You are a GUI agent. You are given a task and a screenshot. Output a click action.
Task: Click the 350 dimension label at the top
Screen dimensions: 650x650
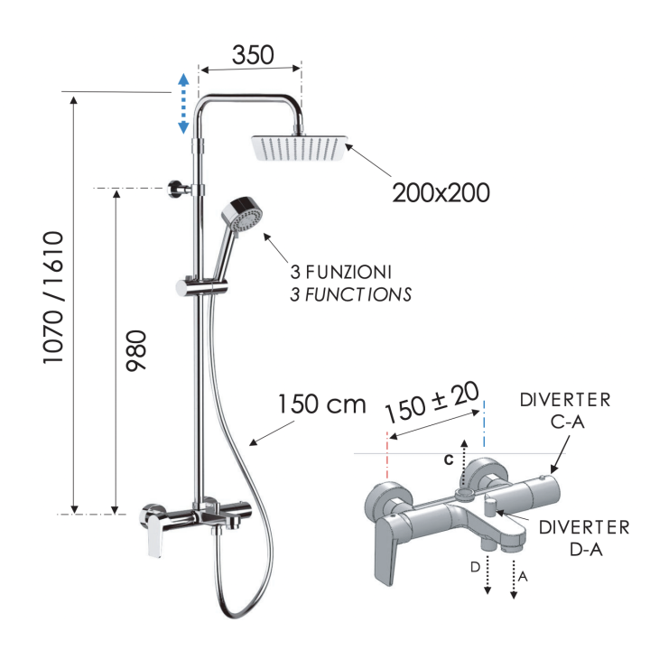click(253, 55)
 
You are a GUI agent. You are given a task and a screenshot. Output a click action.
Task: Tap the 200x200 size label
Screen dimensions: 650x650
click(441, 193)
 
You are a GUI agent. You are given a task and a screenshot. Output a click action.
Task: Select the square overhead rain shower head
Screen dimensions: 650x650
click(299, 148)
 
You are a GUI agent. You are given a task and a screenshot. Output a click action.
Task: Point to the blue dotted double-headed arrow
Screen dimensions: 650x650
click(183, 104)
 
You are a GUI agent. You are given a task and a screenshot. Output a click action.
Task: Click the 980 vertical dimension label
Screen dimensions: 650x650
click(136, 350)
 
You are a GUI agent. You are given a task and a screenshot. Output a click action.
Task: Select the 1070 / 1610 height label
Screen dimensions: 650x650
click(53, 298)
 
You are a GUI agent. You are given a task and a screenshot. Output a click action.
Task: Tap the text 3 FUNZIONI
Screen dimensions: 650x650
click(340, 272)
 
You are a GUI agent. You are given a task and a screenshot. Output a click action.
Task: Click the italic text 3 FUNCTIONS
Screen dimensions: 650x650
click(350, 294)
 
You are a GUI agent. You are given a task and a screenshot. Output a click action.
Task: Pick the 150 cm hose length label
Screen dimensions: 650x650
click(321, 404)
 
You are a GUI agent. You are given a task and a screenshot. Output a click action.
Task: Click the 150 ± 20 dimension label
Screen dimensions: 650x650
click(432, 401)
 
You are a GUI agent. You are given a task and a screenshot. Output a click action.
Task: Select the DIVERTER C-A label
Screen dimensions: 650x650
click(565, 411)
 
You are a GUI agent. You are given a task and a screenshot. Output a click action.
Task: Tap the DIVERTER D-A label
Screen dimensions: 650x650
click(584, 538)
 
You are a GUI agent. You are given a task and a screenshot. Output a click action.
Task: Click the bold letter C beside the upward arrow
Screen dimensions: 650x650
click(449, 460)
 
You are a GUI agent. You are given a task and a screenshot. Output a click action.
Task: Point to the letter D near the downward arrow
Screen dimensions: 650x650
click(475, 567)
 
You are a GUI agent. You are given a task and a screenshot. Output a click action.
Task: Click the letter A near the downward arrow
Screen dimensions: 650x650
click(523, 576)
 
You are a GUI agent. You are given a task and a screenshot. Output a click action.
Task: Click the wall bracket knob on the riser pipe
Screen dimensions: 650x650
click(174, 190)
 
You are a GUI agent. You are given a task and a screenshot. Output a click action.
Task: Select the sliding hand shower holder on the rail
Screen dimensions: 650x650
click(202, 287)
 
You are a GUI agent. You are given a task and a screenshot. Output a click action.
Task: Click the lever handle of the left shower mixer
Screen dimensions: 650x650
click(156, 534)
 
